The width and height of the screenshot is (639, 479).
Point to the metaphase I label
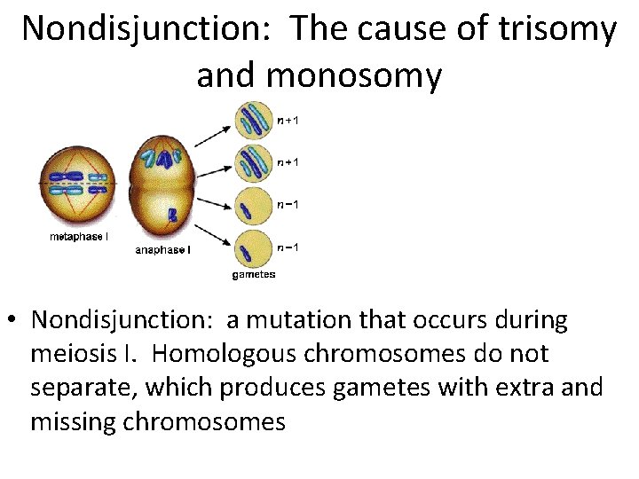tap(79, 237)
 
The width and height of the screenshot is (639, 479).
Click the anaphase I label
tap(162, 250)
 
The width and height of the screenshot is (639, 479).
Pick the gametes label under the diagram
tap(254, 274)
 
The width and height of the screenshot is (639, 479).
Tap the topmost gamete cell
tap(253, 120)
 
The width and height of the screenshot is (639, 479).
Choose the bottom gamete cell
tap(253, 249)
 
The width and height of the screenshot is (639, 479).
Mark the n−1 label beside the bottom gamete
tap(288, 247)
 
